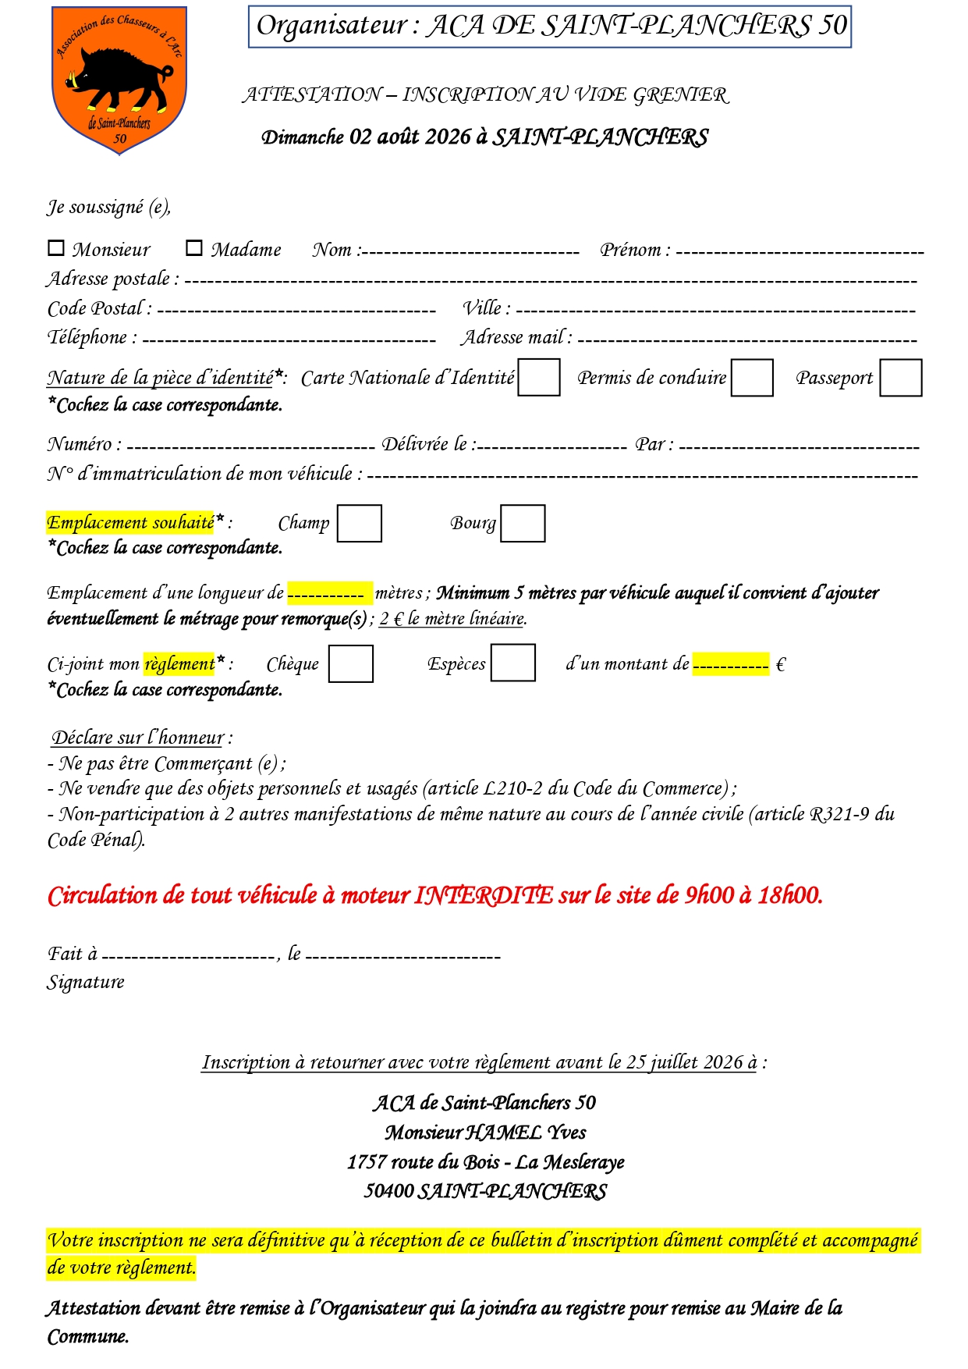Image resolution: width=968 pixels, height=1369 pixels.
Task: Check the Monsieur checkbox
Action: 56,248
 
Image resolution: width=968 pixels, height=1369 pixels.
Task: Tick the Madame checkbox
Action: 194,248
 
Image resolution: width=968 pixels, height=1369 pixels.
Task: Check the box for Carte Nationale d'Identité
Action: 539,377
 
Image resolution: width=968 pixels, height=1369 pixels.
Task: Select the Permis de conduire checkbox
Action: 752,378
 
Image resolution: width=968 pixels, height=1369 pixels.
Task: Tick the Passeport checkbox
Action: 901,378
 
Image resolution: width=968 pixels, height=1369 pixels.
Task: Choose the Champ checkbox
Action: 360,523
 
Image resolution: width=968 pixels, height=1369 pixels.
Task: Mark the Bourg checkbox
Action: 523,523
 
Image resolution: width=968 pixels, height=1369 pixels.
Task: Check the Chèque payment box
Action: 351,663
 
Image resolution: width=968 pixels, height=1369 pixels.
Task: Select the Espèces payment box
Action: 513,663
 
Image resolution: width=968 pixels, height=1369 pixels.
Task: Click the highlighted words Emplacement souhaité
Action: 130,522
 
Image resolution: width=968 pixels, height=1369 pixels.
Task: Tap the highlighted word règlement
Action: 179,663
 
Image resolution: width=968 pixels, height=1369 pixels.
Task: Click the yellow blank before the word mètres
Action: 329,594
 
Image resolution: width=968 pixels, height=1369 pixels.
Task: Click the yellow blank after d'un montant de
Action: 731,664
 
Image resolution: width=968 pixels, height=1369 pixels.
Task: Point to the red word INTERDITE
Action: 484,895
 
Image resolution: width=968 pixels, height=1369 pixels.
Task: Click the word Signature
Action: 86,982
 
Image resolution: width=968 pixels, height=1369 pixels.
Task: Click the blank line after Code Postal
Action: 296,310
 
